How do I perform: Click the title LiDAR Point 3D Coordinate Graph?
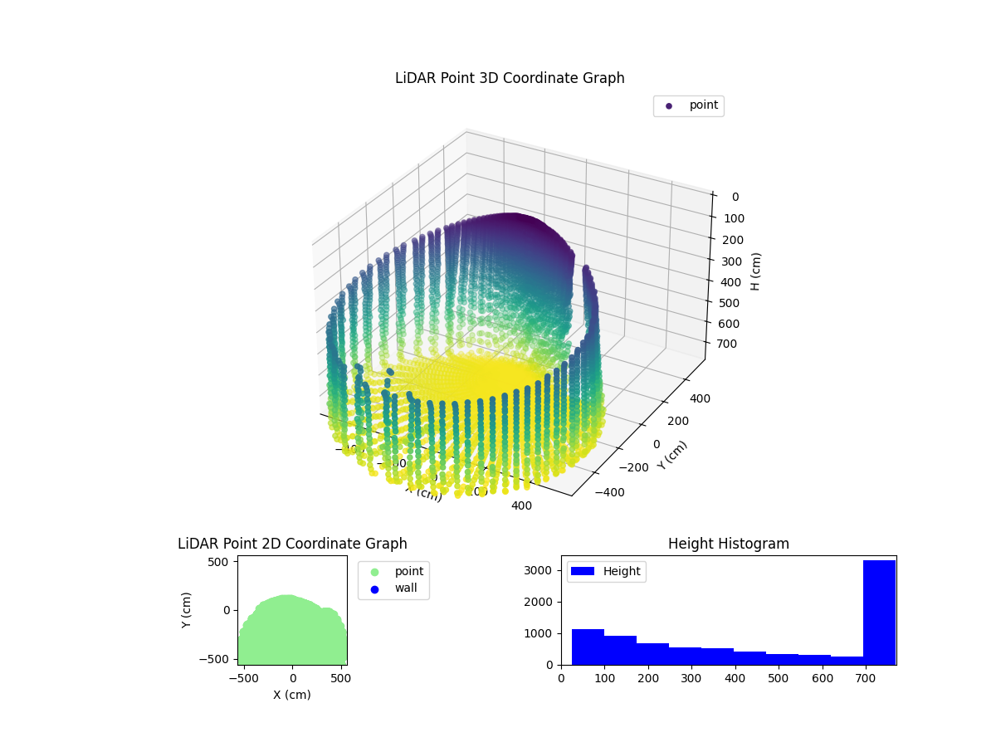pyautogui.click(x=510, y=78)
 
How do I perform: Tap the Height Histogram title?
pyautogui.click(x=728, y=544)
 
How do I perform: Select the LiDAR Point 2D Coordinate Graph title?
pyautogui.click(x=292, y=544)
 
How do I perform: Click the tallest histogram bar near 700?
pyautogui.click(x=879, y=613)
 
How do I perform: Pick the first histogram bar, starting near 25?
pyautogui.click(x=588, y=647)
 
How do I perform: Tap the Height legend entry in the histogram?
pyautogui.click(x=606, y=571)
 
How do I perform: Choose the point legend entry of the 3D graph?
pyautogui.click(x=689, y=105)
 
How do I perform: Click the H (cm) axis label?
pyautogui.click(x=755, y=271)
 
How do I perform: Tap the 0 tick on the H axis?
pyautogui.click(x=735, y=197)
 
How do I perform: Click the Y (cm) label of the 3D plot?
pyautogui.click(x=672, y=455)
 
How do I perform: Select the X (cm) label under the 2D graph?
pyautogui.click(x=292, y=695)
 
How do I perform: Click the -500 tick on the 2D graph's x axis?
pyautogui.click(x=242, y=678)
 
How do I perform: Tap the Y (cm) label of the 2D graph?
pyautogui.click(x=187, y=610)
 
